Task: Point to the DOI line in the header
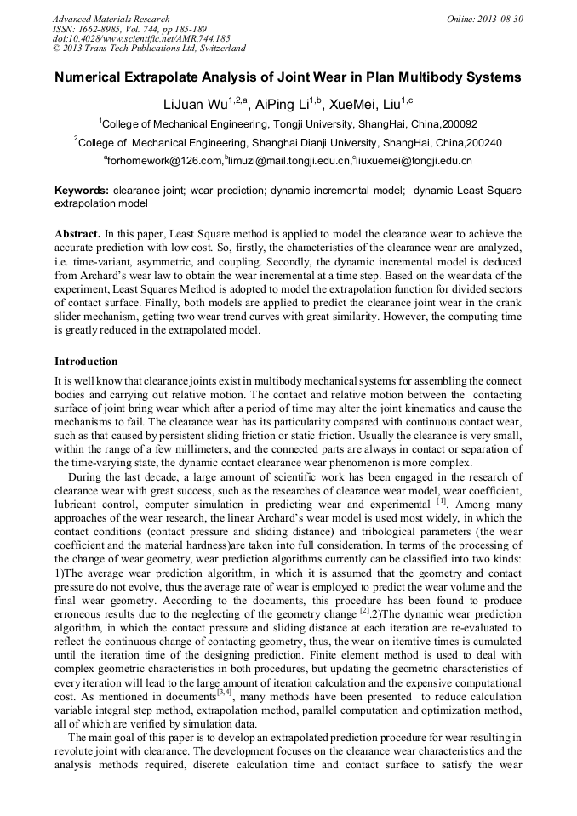pos(141,39)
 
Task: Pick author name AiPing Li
pos(281,104)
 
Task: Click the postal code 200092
pos(453,124)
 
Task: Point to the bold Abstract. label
pos(77,233)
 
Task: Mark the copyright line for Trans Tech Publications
pos(149,49)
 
